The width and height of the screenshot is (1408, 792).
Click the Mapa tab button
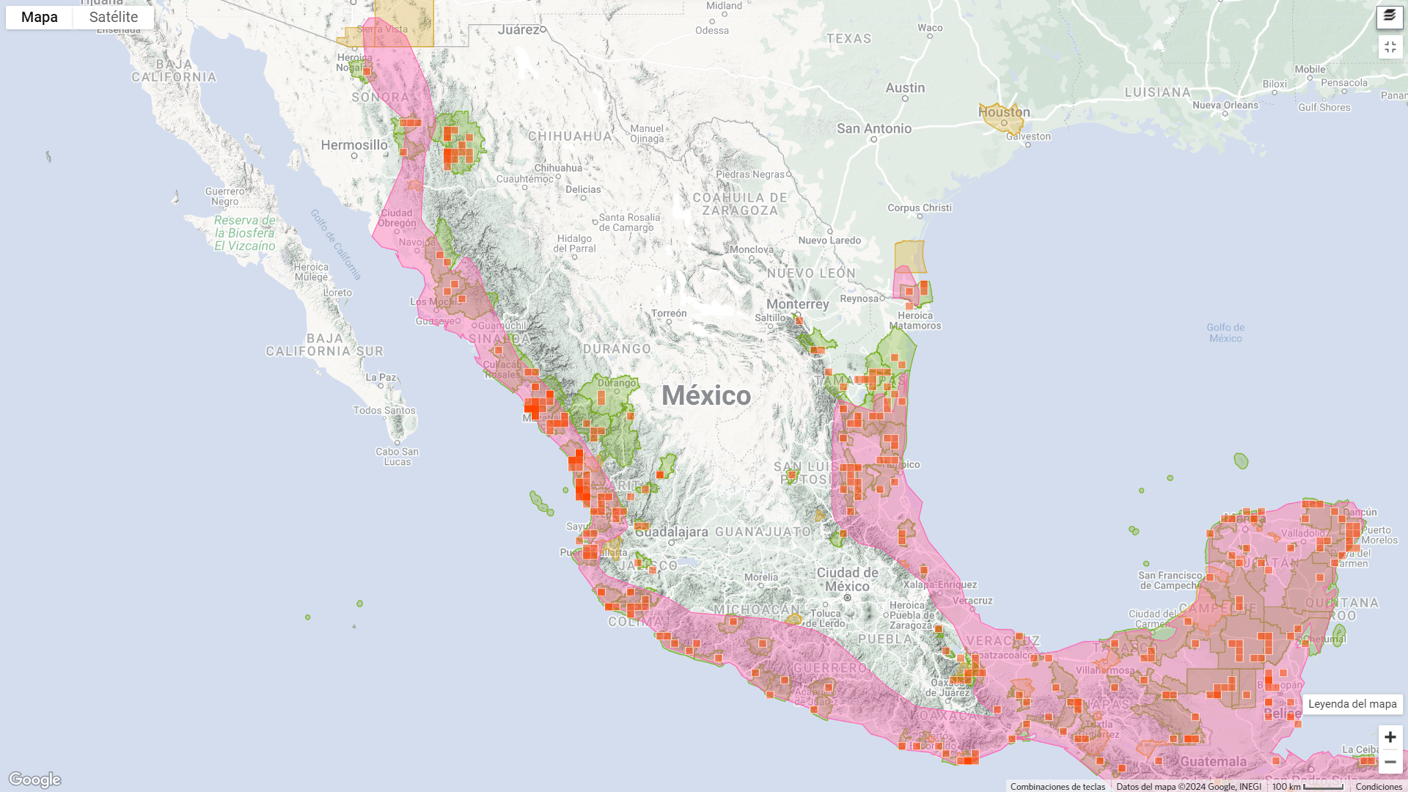tap(39, 18)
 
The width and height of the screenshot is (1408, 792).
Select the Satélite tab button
tap(114, 18)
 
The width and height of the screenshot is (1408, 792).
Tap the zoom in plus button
tap(1390, 737)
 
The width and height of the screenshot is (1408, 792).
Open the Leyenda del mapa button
tap(1352, 704)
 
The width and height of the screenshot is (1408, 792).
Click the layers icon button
tap(1390, 17)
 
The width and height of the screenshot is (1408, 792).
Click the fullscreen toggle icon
tap(1390, 47)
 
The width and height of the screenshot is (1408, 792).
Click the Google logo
tap(34, 780)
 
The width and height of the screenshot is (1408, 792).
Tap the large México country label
tap(706, 396)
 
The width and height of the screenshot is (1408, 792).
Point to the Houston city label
tap(1004, 112)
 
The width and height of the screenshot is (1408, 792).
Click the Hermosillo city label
tap(354, 145)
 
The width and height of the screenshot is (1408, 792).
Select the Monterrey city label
tap(798, 304)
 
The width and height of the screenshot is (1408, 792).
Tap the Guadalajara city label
tap(672, 532)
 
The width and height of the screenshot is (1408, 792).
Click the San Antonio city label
tap(874, 129)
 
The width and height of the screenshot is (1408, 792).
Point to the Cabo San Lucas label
tap(397, 456)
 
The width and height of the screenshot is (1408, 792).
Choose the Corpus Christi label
tap(920, 208)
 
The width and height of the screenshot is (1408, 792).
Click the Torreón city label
tap(669, 314)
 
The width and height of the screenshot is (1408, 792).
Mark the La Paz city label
tap(381, 378)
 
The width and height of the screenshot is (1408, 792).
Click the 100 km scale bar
tap(1308, 787)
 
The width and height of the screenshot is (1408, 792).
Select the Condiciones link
tap(1379, 787)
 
